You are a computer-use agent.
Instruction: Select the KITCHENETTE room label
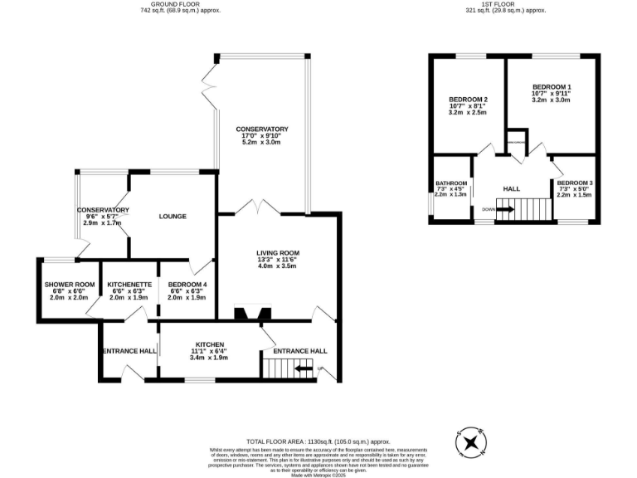click(129, 285)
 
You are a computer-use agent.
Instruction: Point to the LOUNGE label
click(173, 217)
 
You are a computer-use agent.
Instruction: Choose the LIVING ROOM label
click(277, 253)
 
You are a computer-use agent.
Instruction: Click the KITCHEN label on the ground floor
click(209, 344)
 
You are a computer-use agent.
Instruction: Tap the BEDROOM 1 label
click(552, 87)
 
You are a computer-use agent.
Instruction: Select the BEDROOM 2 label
click(467, 100)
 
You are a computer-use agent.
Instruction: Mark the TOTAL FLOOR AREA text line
click(318, 441)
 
